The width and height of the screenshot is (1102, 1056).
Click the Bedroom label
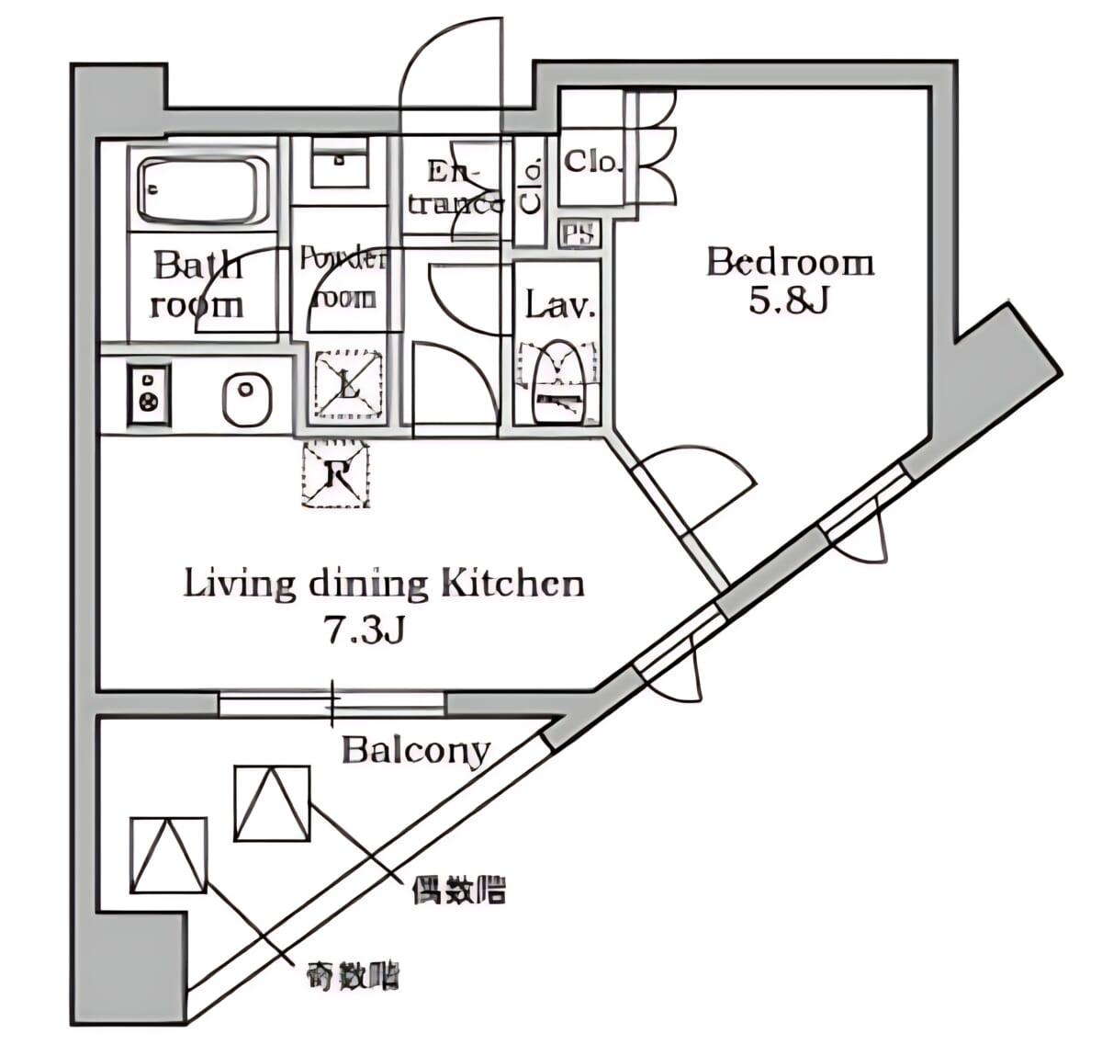[790, 264]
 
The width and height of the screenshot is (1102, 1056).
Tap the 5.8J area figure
[789, 301]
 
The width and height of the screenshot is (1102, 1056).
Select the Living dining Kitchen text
[384, 584]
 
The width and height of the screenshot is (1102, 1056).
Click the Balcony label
[415, 751]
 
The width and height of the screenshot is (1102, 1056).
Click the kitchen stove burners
[149, 393]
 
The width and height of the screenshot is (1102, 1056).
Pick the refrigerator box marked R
[336, 474]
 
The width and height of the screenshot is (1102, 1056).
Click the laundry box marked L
[348, 384]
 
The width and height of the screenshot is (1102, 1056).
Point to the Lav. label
[560, 306]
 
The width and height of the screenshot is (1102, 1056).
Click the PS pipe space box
[579, 233]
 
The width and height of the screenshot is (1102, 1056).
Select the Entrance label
[455, 187]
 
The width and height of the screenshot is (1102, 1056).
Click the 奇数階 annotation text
[354, 975]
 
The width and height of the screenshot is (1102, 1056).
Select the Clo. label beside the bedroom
[592, 163]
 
